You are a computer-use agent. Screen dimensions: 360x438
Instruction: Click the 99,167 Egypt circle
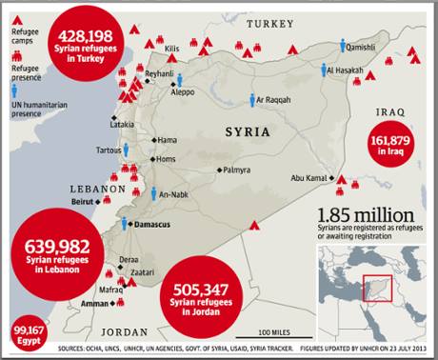21,335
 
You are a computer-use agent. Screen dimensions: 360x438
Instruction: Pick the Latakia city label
123,125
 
